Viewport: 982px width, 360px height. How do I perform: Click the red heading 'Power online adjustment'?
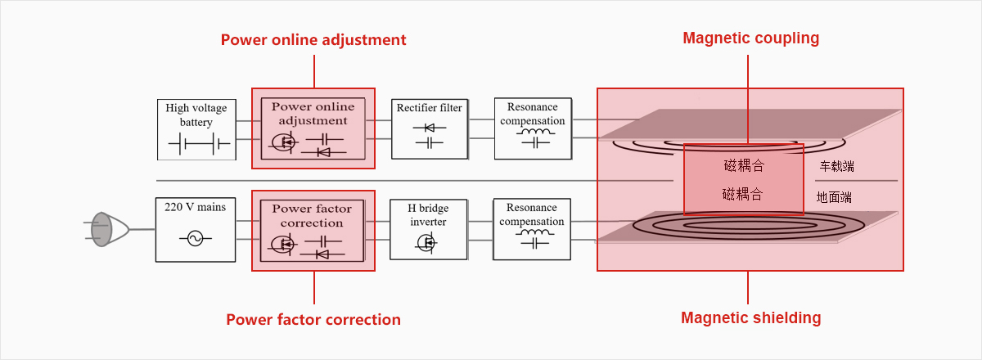point(313,40)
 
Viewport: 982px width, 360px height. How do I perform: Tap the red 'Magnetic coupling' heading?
point(751,38)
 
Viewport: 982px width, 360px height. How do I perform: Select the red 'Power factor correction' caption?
point(313,320)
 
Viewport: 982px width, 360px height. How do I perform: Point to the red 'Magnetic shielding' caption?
point(751,318)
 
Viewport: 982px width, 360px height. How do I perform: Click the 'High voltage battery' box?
point(197,130)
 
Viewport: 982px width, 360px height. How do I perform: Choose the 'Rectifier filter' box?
point(430,129)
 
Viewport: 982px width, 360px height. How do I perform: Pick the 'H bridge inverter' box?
point(428,230)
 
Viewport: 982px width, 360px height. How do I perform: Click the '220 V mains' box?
point(196,230)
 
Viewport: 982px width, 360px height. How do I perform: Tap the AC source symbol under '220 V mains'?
point(195,239)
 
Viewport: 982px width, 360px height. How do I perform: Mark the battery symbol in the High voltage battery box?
point(200,144)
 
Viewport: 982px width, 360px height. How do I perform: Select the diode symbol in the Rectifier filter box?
point(430,128)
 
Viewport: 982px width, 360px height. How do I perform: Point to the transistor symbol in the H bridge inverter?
point(426,242)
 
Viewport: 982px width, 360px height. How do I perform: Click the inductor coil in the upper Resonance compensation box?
point(536,131)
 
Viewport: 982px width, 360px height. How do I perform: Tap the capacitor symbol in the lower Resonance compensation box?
point(535,243)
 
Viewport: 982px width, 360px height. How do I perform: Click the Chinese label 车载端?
point(837,167)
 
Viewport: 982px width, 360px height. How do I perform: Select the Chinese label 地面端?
point(834,197)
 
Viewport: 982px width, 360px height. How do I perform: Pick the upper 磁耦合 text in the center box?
point(745,166)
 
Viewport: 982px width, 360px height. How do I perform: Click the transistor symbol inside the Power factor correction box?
point(283,245)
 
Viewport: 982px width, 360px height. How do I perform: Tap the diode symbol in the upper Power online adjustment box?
point(323,152)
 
